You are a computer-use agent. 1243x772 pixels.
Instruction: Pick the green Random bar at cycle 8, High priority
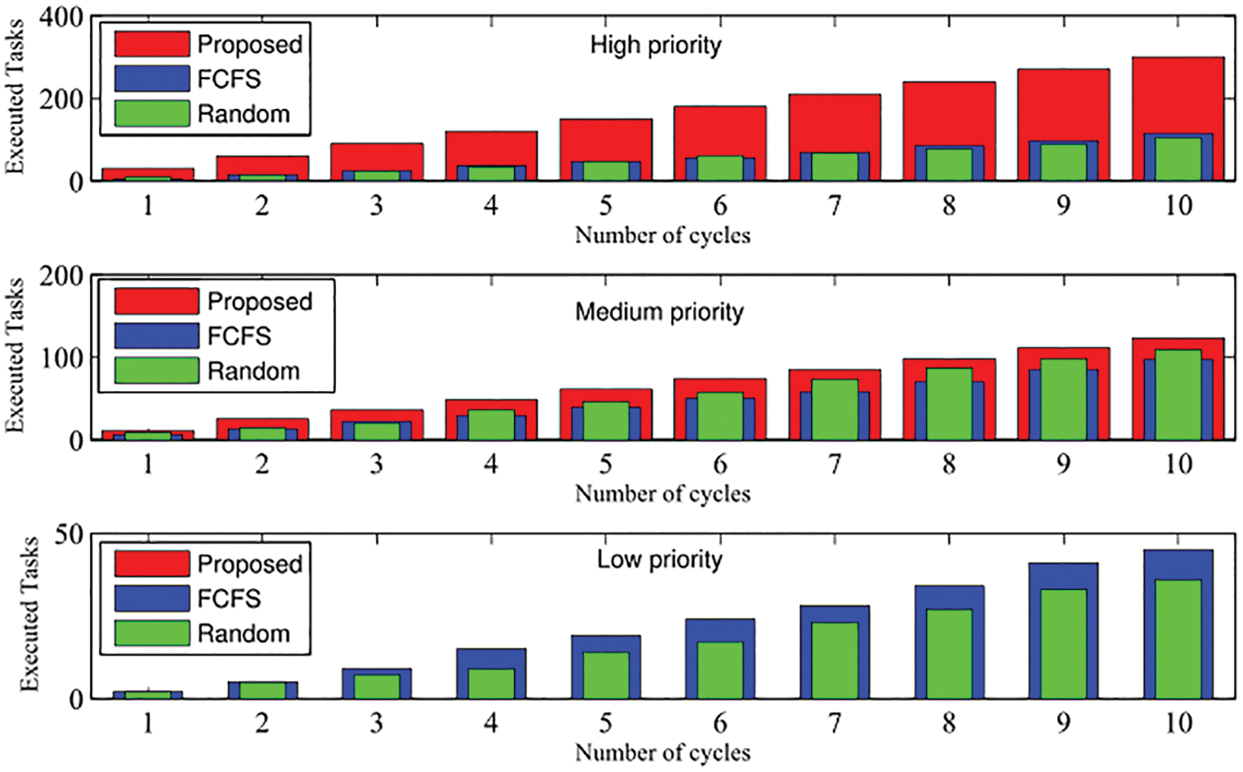[x=948, y=165]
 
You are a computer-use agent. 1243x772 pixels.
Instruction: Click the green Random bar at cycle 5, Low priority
[x=606, y=675]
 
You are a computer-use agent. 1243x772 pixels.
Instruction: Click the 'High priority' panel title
[x=656, y=45]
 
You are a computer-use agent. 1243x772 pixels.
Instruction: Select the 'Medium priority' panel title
[x=659, y=312]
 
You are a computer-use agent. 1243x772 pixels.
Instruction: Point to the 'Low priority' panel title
[x=659, y=559]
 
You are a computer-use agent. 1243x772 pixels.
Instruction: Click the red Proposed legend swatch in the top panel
[x=152, y=44]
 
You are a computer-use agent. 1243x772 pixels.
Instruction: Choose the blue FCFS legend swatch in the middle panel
[x=156, y=336]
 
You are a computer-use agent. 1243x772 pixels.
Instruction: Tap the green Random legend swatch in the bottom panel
[x=152, y=633]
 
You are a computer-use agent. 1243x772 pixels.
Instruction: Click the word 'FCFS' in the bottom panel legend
[x=229, y=598]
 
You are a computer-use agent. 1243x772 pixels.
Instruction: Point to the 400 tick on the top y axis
[x=61, y=17]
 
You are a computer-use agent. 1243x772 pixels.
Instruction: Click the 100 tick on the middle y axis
[x=61, y=358]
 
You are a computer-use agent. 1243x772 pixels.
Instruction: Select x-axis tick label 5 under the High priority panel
[x=606, y=205]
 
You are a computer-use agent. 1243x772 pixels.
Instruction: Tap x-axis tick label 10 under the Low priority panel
[x=1177, y=723]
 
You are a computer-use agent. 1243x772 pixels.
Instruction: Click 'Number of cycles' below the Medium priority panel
[x=662, y=494]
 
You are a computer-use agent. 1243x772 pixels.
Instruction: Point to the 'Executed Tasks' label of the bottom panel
[x=29, y=614]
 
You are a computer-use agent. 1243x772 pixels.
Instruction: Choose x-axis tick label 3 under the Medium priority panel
[x=376, y=464]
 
